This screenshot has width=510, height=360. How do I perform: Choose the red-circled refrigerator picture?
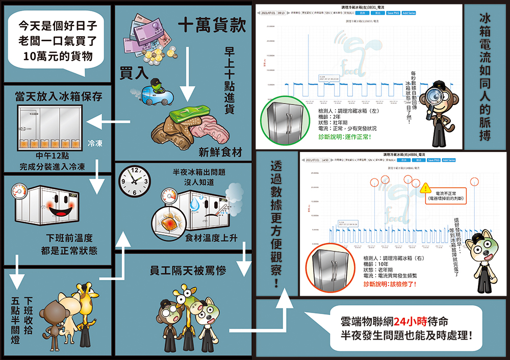(330, 268)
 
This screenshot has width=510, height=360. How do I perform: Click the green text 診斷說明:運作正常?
(344, 137)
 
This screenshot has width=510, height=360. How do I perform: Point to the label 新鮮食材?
(220, 152)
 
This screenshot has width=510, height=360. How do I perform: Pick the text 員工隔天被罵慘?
(188, 270)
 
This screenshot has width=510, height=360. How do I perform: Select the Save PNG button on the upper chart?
(393, 13)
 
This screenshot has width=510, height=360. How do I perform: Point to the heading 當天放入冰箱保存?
(59, 95)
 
